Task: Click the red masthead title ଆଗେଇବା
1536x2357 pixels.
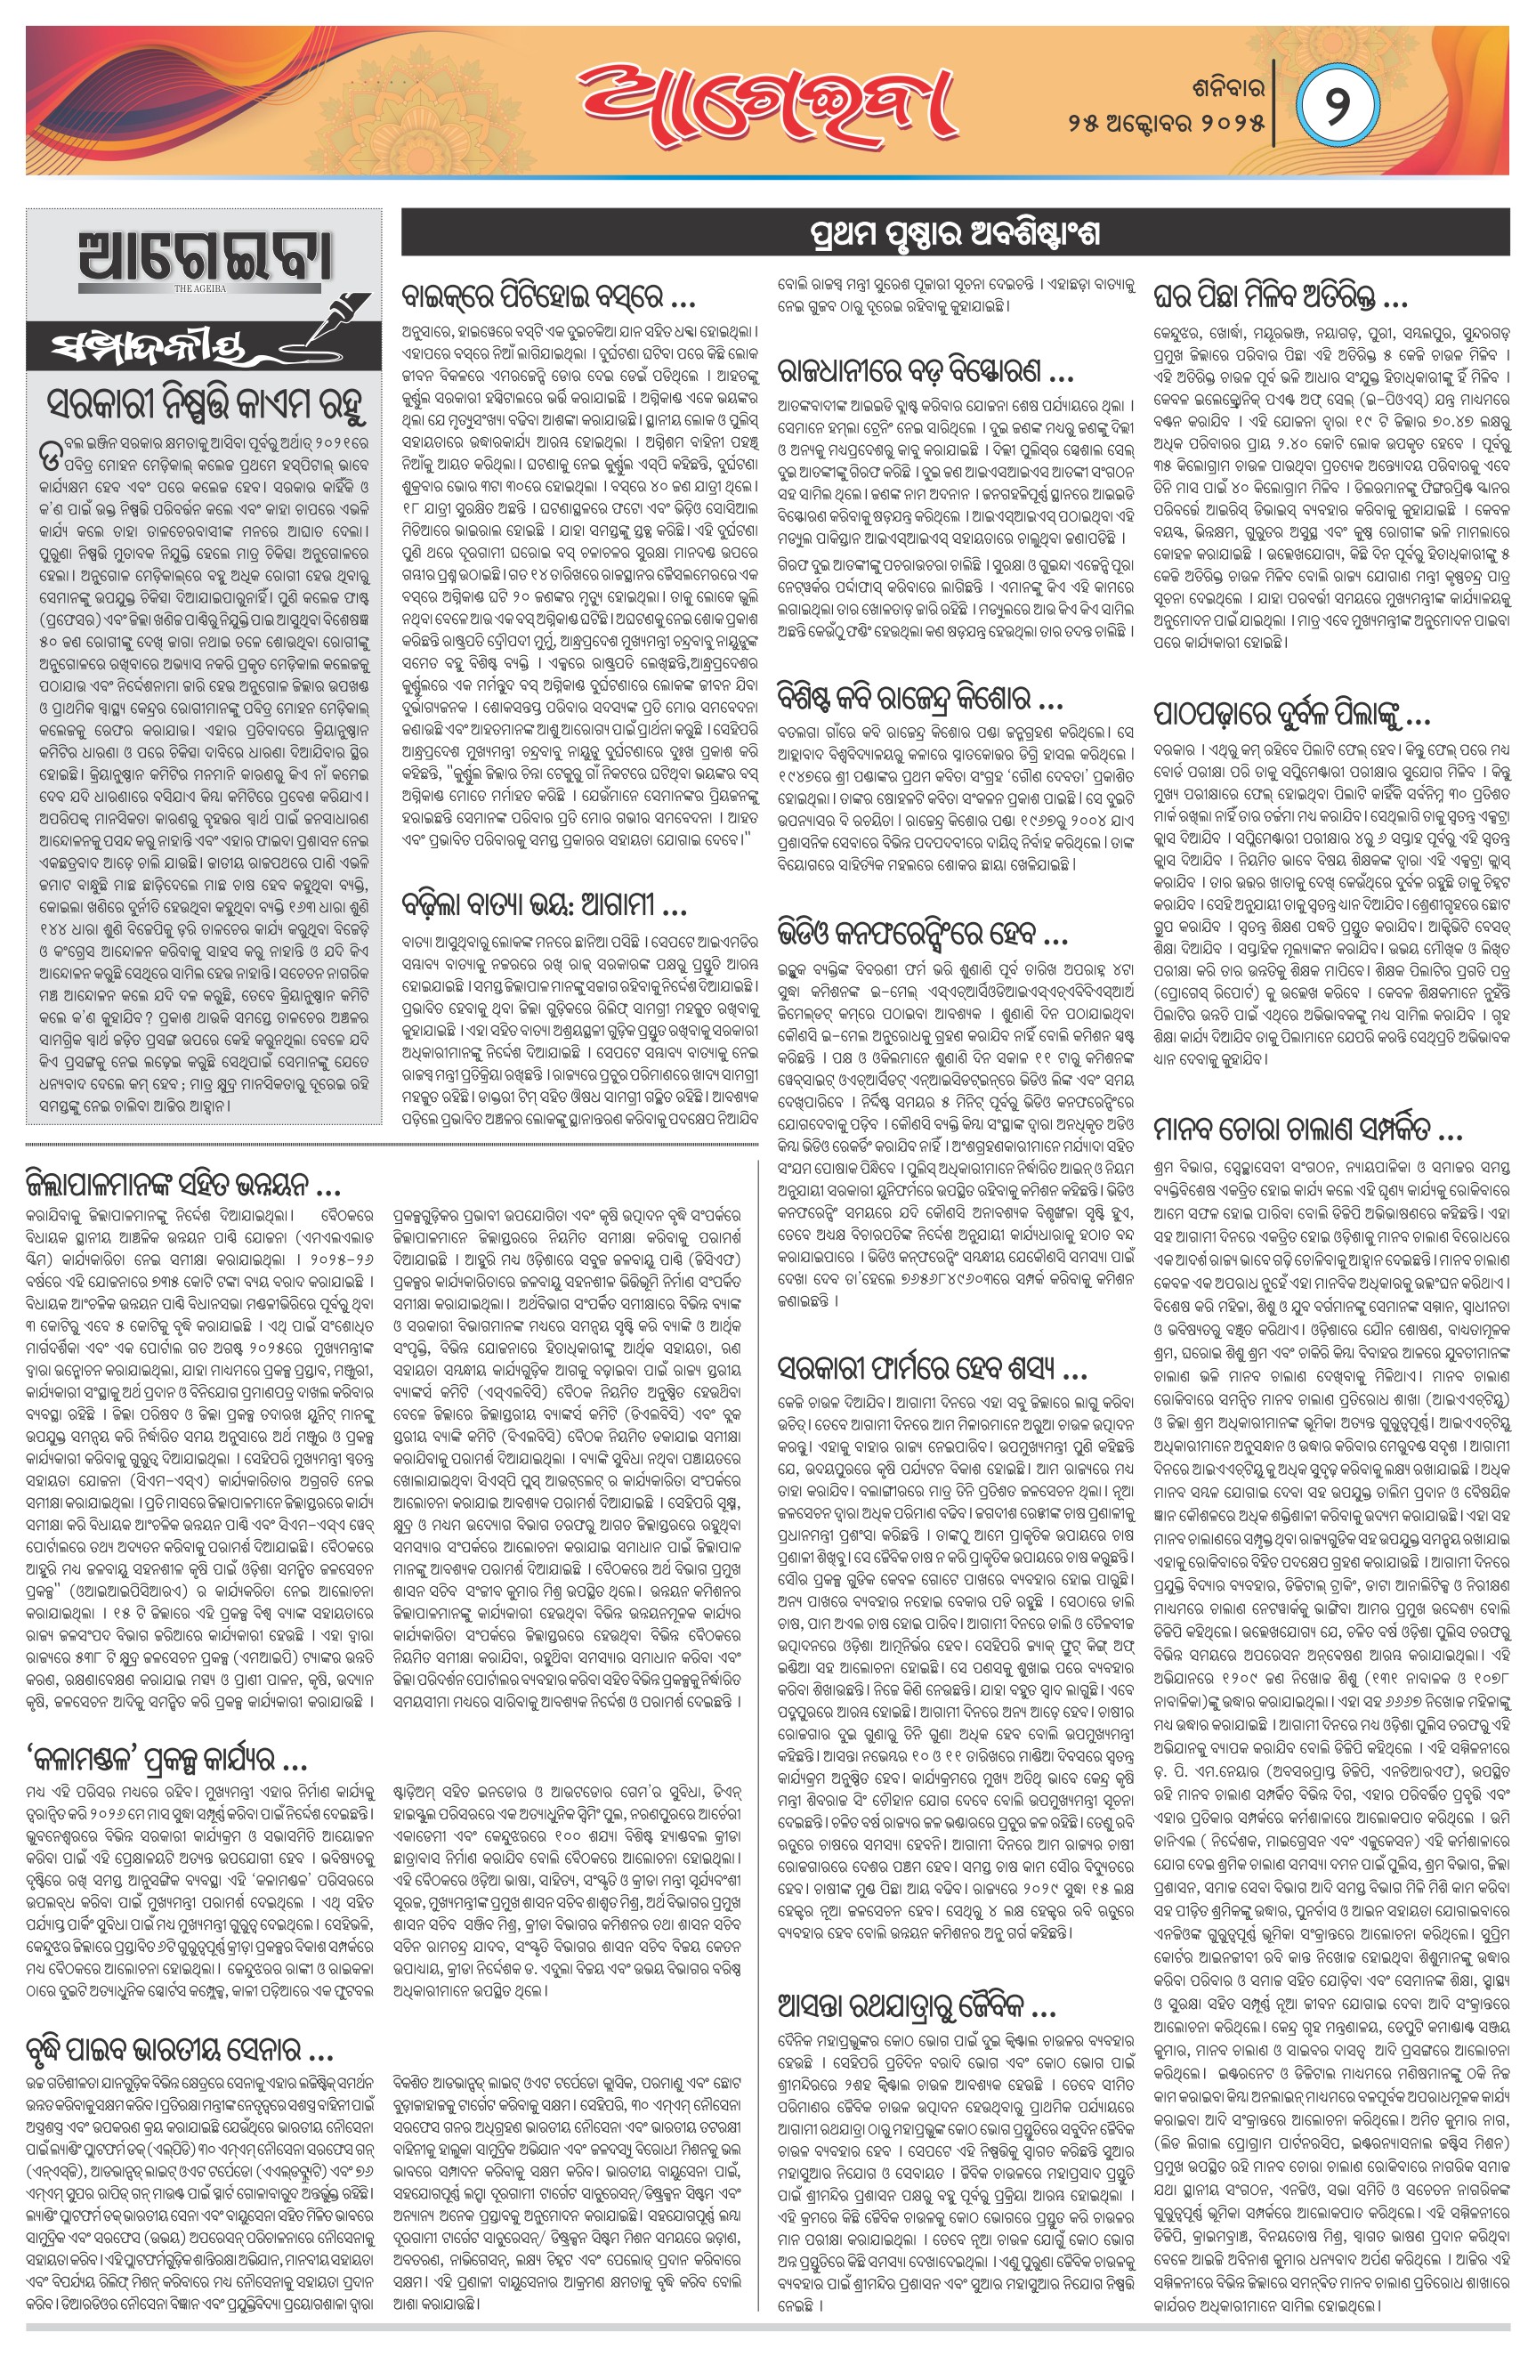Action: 767,102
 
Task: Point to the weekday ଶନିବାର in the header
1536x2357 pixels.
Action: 1228,88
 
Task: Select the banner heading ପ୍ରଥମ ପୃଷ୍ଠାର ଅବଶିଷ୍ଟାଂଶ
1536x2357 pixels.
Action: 955,235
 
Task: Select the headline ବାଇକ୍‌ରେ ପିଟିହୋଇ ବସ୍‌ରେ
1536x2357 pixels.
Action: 547,298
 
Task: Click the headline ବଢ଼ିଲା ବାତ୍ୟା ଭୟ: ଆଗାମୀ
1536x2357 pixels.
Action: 544,905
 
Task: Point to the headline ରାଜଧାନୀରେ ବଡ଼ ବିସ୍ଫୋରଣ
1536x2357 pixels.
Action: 925,372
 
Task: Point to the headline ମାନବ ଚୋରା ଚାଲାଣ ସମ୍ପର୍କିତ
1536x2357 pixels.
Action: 1307,1128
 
